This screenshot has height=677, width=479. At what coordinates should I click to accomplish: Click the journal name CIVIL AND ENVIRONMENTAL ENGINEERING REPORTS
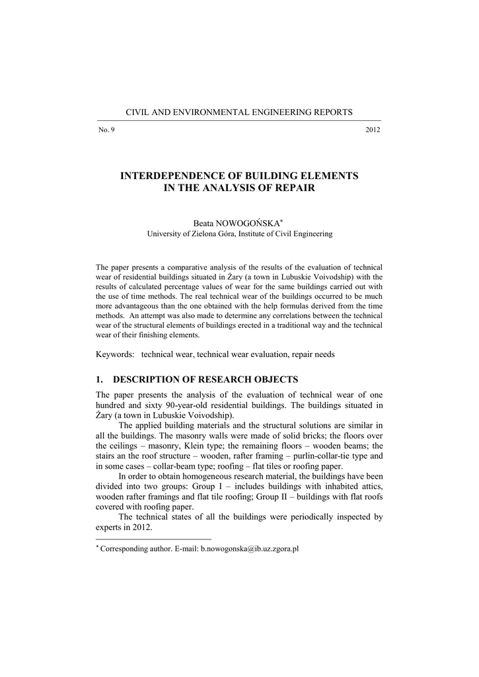click(239, 112)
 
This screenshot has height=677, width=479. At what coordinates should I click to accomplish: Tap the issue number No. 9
click(106, 130)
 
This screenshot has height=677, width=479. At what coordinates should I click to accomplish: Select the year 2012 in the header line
click(373, 130)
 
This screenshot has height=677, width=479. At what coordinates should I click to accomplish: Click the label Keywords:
click(116, 354)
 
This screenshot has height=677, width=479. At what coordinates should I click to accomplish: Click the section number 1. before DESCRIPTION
click(100, 379)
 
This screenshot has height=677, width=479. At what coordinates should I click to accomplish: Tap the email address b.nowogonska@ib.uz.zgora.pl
click(250, 549)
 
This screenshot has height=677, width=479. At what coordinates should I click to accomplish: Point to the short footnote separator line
click(153, 539)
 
